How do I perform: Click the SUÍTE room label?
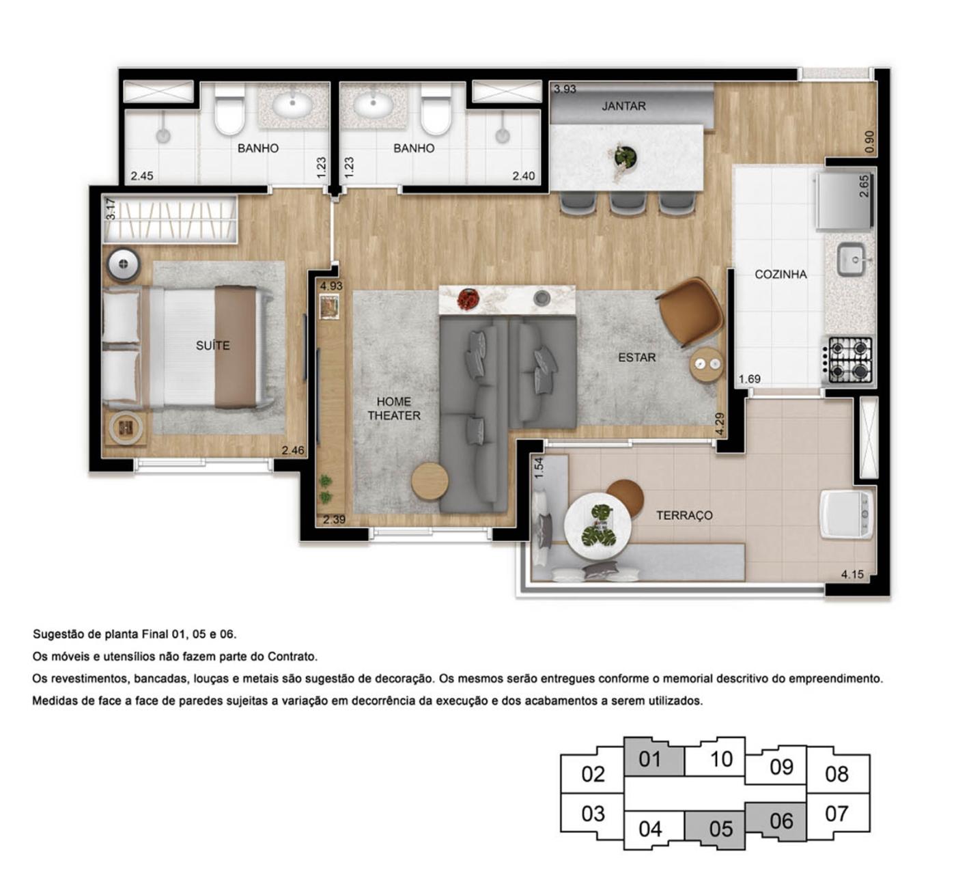(x=212, y=346)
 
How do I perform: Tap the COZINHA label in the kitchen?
(x=780, y=274)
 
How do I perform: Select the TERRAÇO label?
(x=684, y=515)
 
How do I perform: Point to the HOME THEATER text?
(x=394, y=409)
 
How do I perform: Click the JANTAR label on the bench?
(x=623, y=106)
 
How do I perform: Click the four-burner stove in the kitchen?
(x=850, y=359)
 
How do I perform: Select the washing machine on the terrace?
(x=846, y=513)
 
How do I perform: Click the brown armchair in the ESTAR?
(x=691, y=312)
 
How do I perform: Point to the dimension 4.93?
(x=331, y=286)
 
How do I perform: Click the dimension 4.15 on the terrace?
(x=852, y=574)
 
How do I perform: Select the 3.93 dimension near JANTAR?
(x=565, y=89)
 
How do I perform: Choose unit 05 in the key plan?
(x=720, y=829)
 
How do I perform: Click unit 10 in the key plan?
(x=720, y=758)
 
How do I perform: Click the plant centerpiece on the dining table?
(x=624, y=158)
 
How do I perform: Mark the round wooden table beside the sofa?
(x=430, y=481)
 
